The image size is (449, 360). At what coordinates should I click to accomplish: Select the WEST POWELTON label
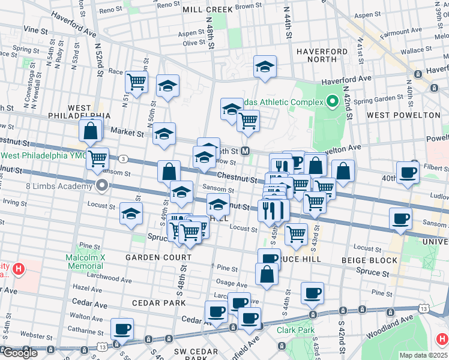point(403,115)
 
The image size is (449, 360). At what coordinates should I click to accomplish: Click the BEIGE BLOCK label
point(369,260)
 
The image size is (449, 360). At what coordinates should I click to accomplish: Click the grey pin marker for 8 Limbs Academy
point(102,185)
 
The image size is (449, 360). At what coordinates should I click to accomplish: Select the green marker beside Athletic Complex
point(331,102)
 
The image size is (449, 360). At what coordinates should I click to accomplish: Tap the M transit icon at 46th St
point(246,152)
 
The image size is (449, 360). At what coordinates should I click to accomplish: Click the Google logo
point(20,353)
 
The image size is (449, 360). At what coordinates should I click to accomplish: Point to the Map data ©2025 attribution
point(423,355)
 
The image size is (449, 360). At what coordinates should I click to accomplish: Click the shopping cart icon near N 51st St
point(136,81)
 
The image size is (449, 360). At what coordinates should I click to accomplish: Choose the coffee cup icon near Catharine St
point(122,329)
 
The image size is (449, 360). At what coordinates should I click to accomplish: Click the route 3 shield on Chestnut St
point(122,158)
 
